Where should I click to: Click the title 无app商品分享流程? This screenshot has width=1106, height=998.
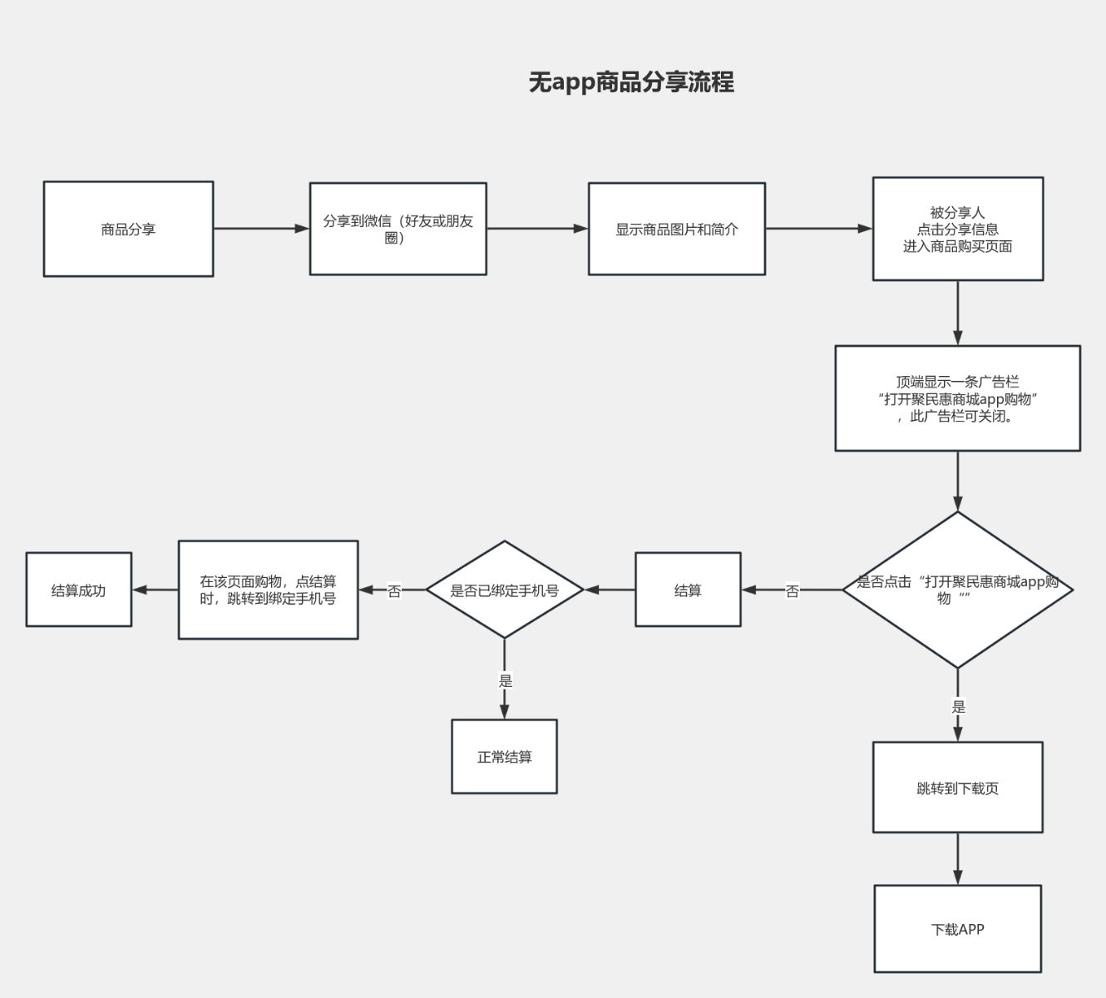pyautogui.click(x=631, y=82)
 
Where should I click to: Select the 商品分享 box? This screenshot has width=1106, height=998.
pyautogui.click(x=128, y=229)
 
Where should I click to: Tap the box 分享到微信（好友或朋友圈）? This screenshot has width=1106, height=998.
pyautogui.click(x=397, y=229)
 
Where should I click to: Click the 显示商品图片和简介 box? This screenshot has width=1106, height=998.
pyautogui.click(x=676, y=229)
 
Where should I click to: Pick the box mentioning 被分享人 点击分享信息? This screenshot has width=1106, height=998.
pyautogui.click(x=957, y=229)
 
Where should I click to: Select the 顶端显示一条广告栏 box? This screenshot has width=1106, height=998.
pyautogui.click(x=957, y=398)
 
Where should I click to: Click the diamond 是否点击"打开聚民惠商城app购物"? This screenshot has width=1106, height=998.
pyautogui.click(x=957, y=590)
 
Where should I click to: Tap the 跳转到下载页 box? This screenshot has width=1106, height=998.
pyautogui.click(x=957, y=788)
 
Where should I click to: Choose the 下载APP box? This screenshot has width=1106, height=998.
pyautogui.click(x=957, y=929)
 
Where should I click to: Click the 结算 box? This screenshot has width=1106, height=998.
pyautogui.click(x=688, y=590)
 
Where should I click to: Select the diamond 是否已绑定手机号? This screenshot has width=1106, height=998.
pyautogui.click(x=504, y=590)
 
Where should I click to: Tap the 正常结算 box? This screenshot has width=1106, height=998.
pyautogui.click(x=504, y=757)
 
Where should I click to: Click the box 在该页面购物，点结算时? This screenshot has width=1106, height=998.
pyautogui.click(x=268, y=590)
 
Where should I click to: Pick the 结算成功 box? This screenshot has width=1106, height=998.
pyautogui.click(x=78, y=590)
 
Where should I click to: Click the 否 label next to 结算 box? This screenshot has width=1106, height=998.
pyautogui.click(x=792, y=590)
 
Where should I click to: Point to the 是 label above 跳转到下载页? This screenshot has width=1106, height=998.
pyautogui.click(x=958, y=706)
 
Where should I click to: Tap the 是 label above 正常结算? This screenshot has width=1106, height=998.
pyautogui.click(x=505, y=680)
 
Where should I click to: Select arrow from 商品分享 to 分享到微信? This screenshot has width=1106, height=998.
pyautogui.click(x=261, y=229)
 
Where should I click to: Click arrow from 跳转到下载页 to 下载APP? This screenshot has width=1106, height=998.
pyautogui.click(x=957, y=858)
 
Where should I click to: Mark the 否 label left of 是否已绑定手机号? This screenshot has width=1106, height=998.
pyautogui.click(x=394, y=590)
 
